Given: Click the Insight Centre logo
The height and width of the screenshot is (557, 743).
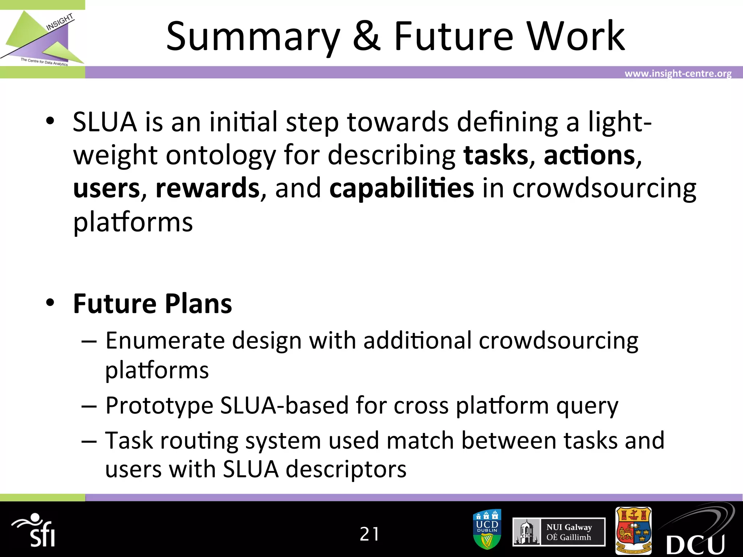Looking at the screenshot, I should click(x=42, y=39).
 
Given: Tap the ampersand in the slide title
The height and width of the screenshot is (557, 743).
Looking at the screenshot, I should click(x=366, y=37).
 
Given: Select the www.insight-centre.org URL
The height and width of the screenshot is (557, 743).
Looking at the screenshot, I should click(x=678, y=74).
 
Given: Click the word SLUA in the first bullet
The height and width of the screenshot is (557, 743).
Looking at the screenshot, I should click(x=105, y=122).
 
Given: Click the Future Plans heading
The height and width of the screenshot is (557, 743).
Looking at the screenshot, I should click(x=152, y=304).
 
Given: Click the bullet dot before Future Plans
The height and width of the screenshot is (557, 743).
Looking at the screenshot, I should click(x=50, y=302).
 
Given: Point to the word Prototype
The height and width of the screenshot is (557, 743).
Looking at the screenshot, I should click(x=159, y=405).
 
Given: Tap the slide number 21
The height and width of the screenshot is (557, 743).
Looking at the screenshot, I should click(x=369, y=534).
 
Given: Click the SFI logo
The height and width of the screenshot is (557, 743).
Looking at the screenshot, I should click(x=34, y=531).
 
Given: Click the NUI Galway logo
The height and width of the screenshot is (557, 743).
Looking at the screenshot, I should click(x=559, y=532).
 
